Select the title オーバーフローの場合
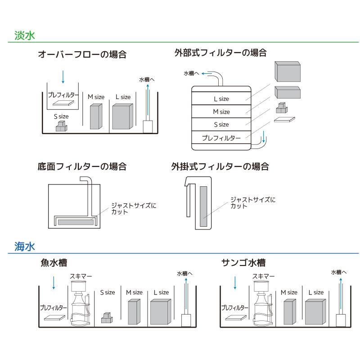[82, 55]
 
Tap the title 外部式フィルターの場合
[220, 53]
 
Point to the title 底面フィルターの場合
[82, 166]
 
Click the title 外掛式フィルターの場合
[220, 166]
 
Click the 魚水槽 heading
[57, 263]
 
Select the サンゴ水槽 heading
[243, 263]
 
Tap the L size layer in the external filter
[221, 99]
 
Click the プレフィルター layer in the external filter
[221, 138]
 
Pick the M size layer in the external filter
[221, 112]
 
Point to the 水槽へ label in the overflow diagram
[147, 80]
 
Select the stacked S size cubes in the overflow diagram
[61, 126]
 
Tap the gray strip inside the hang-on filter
[203, 207]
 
